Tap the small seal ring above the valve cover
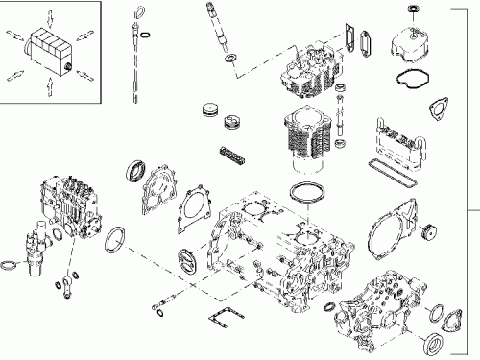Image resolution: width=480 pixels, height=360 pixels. (x=415, y=9)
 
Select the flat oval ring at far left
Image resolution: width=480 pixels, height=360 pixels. (x=11, y=263)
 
